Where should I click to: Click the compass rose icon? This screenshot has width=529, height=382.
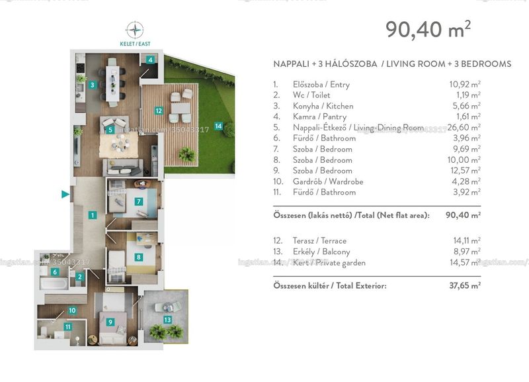[135, 30]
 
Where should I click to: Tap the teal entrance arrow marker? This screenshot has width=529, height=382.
[65, 194]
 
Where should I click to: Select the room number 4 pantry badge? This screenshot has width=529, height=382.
[151, 60]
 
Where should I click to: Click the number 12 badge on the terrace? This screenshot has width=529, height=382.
[159, 111]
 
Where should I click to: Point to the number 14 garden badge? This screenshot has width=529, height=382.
[218, 126]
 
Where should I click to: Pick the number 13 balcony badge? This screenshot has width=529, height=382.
[167, 320]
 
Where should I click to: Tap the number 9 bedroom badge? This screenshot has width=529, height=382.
[110, 322]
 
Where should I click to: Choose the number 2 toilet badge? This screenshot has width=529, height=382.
[79, 277]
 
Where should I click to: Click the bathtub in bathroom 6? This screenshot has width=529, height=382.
[54, 283]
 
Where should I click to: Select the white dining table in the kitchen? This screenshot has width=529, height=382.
[112, 83]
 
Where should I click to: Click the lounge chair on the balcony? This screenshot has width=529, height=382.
[168, 307]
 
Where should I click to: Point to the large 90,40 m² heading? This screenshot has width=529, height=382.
[428, 29]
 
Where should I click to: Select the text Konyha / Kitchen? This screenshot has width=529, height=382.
[323, 106]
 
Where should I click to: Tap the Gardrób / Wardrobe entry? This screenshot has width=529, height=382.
[328, 181]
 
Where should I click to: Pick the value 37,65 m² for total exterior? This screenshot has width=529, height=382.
[465, 285]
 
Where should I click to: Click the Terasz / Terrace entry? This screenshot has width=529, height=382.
[319, 240]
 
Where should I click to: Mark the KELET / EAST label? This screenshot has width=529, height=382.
[135, 44]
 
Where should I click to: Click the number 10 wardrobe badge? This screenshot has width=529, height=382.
[72, 310]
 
